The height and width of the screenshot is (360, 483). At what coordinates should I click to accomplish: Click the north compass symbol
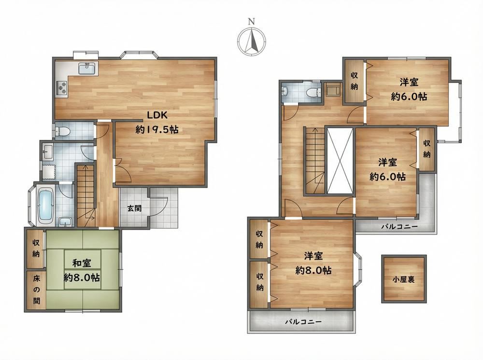click(252, 41)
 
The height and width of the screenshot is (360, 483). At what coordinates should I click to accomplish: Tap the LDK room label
click(157, 115)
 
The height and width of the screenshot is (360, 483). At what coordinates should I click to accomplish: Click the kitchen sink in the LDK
click(88, 69)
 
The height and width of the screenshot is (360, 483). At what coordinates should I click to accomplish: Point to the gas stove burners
click(62, 88)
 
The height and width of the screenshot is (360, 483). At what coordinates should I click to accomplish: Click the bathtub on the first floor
click(45, 206)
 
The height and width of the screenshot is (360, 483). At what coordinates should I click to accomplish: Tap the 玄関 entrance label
click(135, 208)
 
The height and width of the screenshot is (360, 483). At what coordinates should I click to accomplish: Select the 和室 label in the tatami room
click(82, 263)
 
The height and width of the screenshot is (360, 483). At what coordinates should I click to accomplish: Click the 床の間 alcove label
click(36, 290)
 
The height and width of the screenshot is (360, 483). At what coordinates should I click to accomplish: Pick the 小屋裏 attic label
click(403, 279)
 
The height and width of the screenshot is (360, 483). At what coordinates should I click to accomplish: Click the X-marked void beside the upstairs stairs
click(340, 161)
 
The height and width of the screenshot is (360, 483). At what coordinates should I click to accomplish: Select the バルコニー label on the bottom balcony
click(303, 322)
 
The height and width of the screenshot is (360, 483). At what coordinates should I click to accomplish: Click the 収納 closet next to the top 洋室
click(354, 81)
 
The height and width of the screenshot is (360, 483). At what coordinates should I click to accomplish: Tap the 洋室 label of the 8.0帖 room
click(313, 256)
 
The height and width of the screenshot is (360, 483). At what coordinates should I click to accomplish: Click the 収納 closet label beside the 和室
click(36, 249)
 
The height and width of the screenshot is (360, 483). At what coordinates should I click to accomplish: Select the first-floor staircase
click(85, 196)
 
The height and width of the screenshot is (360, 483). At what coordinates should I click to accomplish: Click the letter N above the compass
click(252, 21)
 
